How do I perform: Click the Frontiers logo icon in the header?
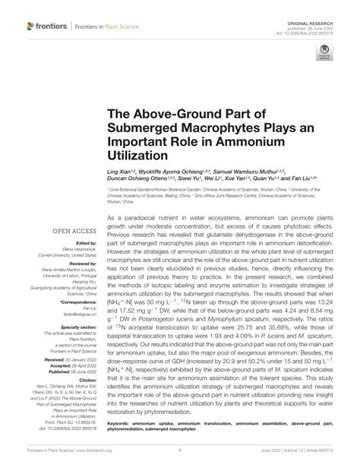click(x=31, y=26)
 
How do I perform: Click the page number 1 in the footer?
click(x=179, y=460)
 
